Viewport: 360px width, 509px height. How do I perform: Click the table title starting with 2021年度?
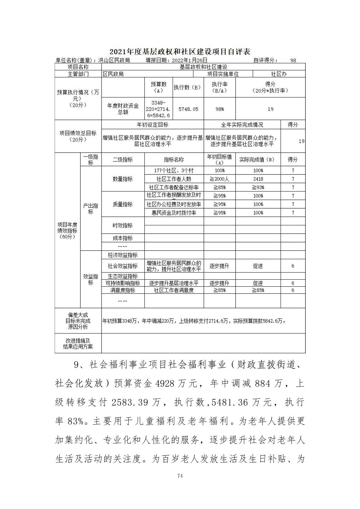click(x=180, y=52)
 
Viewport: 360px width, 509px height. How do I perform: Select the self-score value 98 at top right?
click(x=293, y=60)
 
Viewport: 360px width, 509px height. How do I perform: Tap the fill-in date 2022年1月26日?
click(x=190, y=60)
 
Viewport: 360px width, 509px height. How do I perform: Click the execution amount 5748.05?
click(x=188, y=109)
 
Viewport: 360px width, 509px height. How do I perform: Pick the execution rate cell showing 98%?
click(x=220, y=109)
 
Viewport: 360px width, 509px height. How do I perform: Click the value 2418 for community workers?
click(x=258, y=179)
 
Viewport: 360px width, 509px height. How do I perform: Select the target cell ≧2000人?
click(x=220, y=179)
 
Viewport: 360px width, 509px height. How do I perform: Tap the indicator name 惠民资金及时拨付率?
click(x=174, y=213)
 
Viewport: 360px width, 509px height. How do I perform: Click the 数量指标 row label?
click(x=123, y=179)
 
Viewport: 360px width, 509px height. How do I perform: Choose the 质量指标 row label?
click(x=123, y=204)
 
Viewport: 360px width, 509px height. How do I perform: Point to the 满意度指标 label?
click(x=123, y=290)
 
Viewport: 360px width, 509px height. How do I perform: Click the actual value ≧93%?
click(x=258, y=188)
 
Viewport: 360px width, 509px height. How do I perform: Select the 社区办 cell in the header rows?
click(x=279, y=74)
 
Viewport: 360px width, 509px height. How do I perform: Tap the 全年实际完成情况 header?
click(x=242, y=125)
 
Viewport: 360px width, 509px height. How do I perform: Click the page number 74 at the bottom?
click(x=180, y=476)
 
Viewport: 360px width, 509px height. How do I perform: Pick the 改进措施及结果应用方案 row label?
click(x=78, y=344)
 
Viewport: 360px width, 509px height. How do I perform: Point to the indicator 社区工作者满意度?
click(x=174, y=290)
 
